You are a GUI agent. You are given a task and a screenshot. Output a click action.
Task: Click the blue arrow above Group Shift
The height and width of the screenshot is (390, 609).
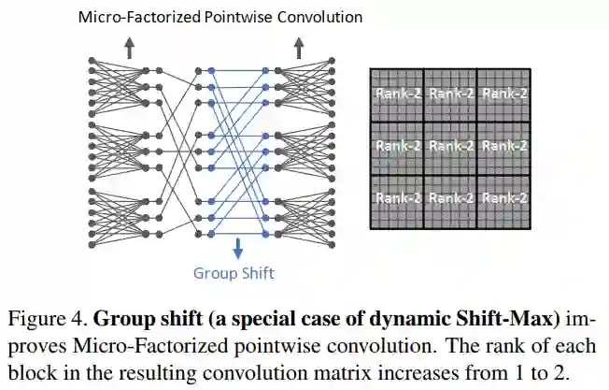point(238,249)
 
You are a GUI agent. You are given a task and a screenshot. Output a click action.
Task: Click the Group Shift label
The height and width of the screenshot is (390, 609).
point(234,273)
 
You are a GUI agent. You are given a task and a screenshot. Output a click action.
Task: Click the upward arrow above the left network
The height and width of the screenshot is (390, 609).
point(130,49)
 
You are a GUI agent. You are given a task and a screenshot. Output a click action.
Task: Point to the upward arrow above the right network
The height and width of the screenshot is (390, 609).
point(299,49)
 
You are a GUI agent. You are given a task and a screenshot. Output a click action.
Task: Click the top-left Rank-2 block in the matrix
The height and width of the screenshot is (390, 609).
point(397,94)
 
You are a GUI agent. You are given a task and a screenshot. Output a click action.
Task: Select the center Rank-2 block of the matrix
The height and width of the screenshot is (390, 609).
point(451,147)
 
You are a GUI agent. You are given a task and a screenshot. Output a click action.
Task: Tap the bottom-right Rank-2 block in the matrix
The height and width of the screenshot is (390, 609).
point(504,199)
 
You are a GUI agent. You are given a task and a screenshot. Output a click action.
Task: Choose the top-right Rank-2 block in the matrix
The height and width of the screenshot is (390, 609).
point(504,94)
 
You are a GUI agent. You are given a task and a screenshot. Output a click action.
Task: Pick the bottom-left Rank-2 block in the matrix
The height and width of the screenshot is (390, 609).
point(397,199)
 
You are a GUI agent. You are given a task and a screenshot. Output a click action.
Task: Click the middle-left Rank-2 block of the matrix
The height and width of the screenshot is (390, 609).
point(397,147)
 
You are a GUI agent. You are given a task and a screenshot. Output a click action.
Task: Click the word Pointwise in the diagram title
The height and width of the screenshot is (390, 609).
point(227,17)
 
